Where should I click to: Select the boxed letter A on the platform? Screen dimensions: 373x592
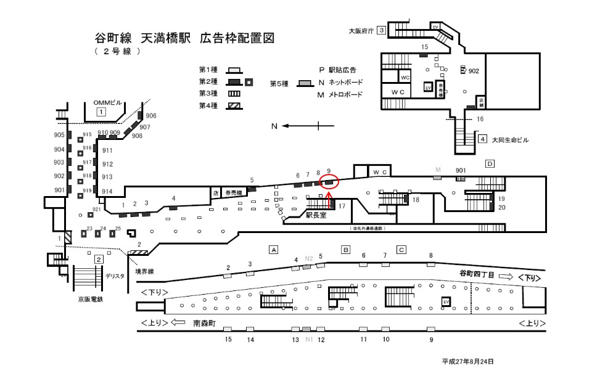(274, 250)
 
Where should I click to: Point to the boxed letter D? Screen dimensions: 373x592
(490, 164)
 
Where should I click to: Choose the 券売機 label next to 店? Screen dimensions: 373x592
(235, 192)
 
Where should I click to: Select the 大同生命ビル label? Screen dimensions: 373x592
(511, 140)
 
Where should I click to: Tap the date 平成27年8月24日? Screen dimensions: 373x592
(467, 361)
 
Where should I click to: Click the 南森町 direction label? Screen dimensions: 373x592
(205, 322)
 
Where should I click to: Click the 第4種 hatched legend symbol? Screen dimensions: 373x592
(234, 106)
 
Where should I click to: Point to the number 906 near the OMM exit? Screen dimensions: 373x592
(151, 115)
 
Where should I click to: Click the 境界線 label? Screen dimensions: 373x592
(144, 271)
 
